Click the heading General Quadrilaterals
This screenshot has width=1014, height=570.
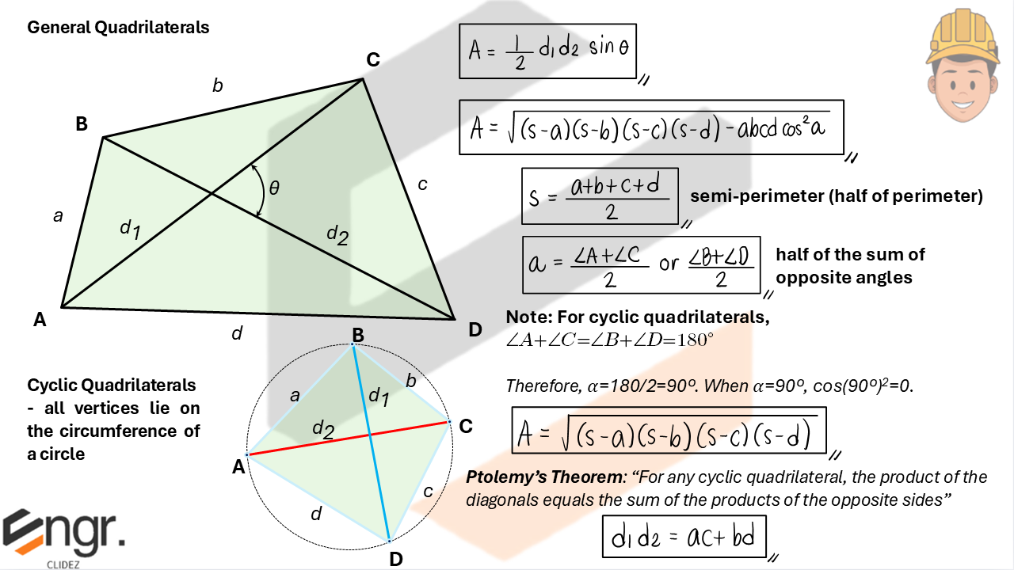click(118, 28)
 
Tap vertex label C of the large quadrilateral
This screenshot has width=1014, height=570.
click(372, 59)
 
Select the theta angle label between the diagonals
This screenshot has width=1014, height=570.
click(274, 188)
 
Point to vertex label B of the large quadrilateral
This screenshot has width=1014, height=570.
click(82, 123)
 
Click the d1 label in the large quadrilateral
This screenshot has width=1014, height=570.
click(130, 229)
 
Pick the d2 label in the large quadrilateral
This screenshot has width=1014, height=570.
click(337, 234)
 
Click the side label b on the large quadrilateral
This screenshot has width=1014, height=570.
click(217, 85)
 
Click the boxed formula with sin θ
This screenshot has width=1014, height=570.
click(548, 51)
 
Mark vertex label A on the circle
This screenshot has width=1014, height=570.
click(238, 468)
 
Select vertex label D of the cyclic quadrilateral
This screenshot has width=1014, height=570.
click(396, 559)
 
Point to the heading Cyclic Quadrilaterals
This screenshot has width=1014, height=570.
click(112, 386)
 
